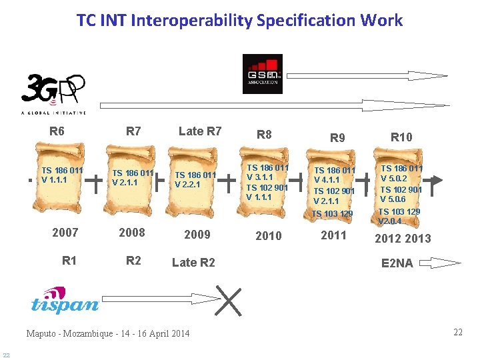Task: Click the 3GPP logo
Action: [53, 94]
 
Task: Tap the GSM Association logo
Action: [262, 74]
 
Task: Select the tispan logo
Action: [65, 301]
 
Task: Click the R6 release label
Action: [57, 131]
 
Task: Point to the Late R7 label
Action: [200, 131]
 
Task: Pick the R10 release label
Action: [401, 137]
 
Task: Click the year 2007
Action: [65, 233]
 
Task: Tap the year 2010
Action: [269, 236]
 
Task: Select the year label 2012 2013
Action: [403, 239]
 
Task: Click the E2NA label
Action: [397, 263]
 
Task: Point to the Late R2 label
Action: [193, 263]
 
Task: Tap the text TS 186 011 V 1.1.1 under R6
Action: [62, 175]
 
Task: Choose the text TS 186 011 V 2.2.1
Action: [195, 180]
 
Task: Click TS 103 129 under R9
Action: [333, 214]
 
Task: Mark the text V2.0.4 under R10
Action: [390, 221]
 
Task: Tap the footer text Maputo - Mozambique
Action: [66, 333]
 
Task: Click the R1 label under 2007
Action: [69, 261]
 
